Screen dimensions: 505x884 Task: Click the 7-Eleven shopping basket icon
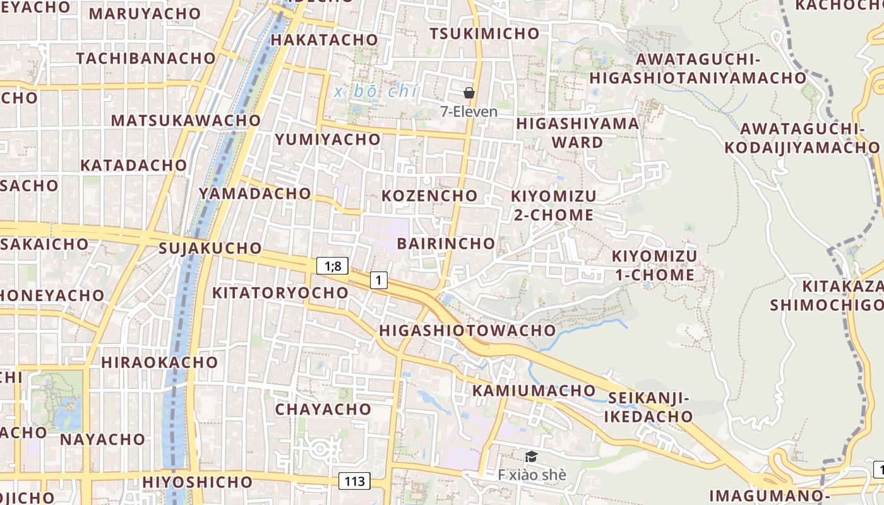point(469,93)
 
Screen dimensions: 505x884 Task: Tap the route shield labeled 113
point(355,482)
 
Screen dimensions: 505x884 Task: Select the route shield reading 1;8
point(332,266)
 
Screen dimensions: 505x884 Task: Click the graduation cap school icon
point(532,456)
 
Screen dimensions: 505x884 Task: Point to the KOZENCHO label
point(429,195)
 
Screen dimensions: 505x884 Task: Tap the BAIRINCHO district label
point(446,243)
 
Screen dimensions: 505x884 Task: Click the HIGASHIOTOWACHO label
point(467,330)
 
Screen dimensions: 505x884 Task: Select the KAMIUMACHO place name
point(534,390)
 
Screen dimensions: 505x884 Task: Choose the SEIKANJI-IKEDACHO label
point(650,407)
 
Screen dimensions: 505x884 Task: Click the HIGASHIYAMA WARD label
point(578,133)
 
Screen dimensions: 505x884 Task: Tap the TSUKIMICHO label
point(484,33)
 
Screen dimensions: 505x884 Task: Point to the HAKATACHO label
point(324,40)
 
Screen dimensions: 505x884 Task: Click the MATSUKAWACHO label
point(186,120)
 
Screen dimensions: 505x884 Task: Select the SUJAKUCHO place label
point(210,247)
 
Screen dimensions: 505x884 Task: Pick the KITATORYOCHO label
point(280,292)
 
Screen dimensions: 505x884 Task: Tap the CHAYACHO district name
point(323,409)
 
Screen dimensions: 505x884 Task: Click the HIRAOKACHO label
point(159,362)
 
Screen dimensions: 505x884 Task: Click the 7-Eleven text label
point(469,112)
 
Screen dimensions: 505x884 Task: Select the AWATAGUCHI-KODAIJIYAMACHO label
point(801,138)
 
